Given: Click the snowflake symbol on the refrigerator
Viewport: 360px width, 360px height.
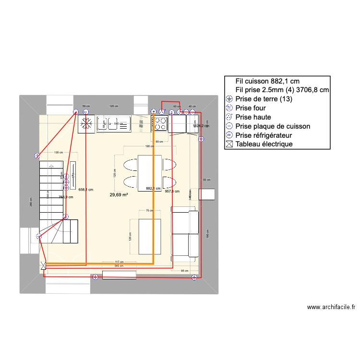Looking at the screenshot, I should pyautogui.click(x=86, y=123).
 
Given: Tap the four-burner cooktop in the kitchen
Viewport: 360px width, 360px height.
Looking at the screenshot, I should pyautogui.click(x=160, y=124).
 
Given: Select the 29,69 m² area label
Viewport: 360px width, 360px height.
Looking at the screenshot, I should pyautogui.click(x=119, y=194).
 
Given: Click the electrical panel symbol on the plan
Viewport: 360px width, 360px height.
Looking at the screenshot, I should pyautogui.click(x=44, y=264).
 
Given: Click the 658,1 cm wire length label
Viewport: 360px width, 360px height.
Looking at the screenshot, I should pyautogui.click(x=85, y=190).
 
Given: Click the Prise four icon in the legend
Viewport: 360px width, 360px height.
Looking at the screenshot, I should pyautogui.click(x=229, y=108).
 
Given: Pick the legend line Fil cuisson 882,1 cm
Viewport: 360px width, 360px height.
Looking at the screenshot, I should pyautogui.click(x=267, y=81).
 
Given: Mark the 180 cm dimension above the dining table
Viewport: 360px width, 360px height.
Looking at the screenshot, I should pyautogui.click(x=149, y=146).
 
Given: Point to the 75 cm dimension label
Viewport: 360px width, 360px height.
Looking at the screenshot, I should pyautogui.click(x=149, y=210).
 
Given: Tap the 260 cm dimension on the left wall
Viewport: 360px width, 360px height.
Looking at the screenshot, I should pyautogui.click(x=30, y=202).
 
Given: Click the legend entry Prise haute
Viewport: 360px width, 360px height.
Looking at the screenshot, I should pyautogui.click(x=253, y=117).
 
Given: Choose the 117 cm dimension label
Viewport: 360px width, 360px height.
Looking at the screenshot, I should pyautogui.click(x=120, y=262).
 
